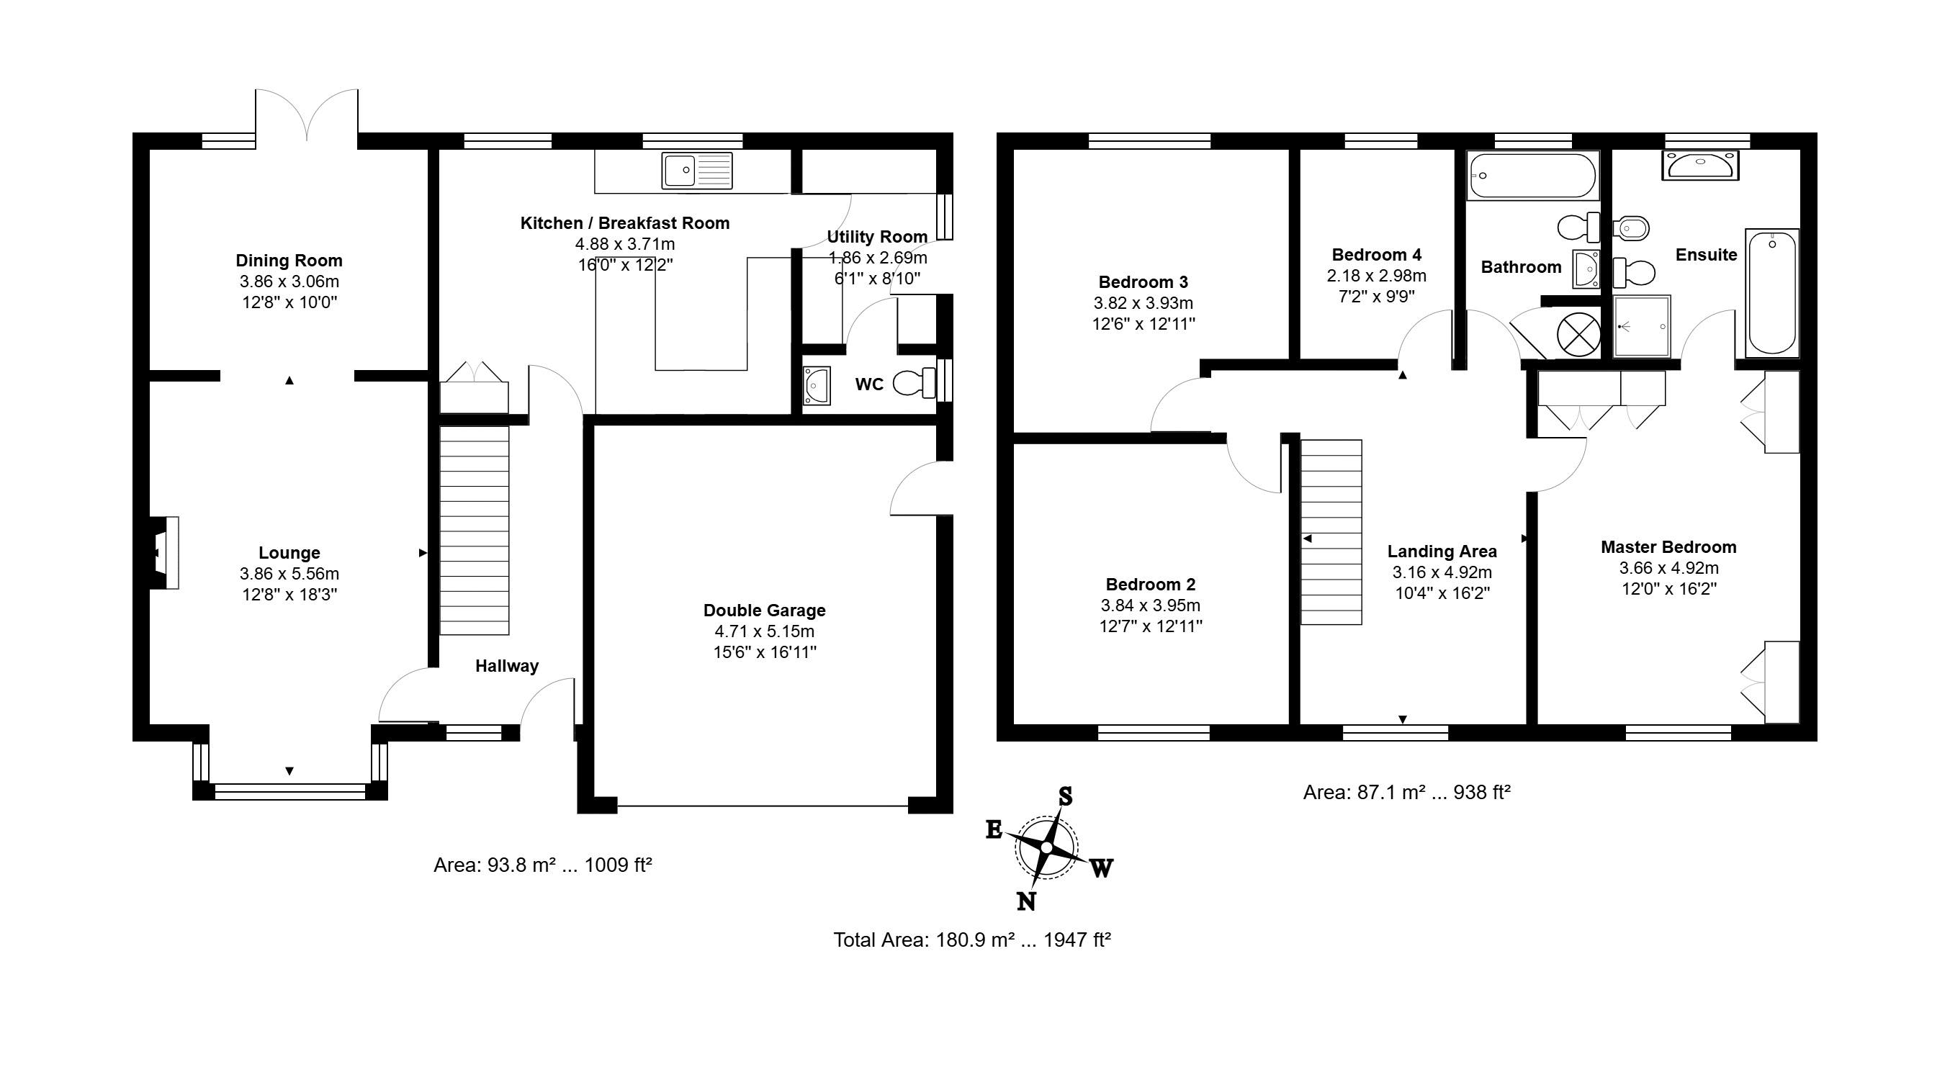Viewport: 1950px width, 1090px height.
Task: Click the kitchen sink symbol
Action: (697, 170)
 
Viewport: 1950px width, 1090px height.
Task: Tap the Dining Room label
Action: (289, 261)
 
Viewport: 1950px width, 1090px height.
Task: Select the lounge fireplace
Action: (164, 553)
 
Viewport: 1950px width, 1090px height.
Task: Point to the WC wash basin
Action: (816, 385)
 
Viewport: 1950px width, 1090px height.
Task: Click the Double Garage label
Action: (765, 610)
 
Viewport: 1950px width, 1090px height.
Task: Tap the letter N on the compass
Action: (1025, 901)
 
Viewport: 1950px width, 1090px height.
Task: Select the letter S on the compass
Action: (1065, 796)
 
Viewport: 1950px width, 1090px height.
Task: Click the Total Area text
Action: (972, 940)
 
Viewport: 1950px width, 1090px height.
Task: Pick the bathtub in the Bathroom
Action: (1532, 176)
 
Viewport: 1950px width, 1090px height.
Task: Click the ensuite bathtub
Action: (1771, 292)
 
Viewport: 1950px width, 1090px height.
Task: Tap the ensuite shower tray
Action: (1642, 326)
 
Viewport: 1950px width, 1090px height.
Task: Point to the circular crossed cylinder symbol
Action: (1578, 333)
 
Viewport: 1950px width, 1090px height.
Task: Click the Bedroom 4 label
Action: (1376, 254)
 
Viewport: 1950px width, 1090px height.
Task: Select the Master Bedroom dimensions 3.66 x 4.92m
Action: (1668, 568)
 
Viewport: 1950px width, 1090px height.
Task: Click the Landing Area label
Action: (1442, 551)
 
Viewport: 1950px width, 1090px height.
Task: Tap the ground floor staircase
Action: (475, 530)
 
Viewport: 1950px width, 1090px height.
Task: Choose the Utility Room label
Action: (877, 237)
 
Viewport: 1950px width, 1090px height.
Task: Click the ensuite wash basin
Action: (1700, 165)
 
